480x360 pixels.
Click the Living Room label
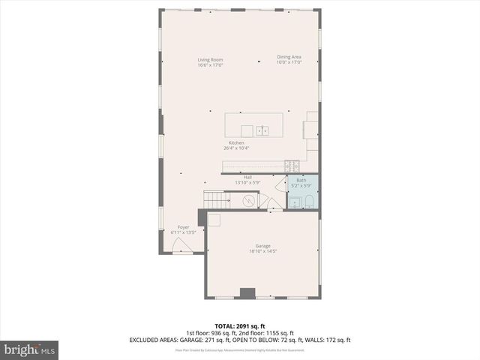(x=210, y=60)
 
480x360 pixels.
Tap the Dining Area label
(x=289, y=57)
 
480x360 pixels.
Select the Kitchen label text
(x=236, y=142)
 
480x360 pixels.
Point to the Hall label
(x=247, y=177)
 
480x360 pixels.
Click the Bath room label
(x=301, y=180)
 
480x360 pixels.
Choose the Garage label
(x=262, y=246)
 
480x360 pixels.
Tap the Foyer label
(x=183, y=226)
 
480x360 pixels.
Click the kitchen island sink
(x=262, y=130)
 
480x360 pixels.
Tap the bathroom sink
(x=294, y=201)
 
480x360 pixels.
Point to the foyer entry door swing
(x=182, y=246)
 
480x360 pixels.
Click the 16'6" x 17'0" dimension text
(x=210, y=65)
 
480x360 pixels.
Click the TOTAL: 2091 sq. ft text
(x=239, y=325)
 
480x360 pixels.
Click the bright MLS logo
(x=30, y=349)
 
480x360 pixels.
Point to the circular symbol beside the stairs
(x=249, y=200)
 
